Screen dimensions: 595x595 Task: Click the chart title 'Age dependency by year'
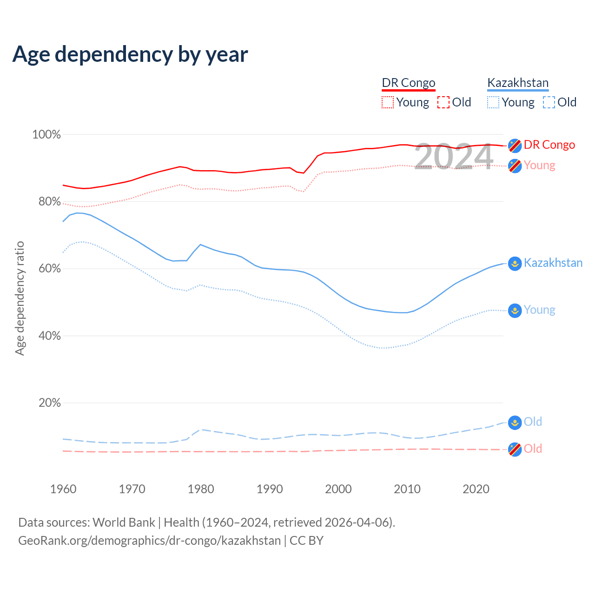tap(130, 54)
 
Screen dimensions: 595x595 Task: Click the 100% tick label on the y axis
tap(46, 135)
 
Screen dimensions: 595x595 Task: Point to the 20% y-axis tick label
tap(49, 403)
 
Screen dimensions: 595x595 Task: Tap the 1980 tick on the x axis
tap(201, 489)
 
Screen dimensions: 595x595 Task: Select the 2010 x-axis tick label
tap(407, 489)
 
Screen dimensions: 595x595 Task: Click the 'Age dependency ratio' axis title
tap(20, 298)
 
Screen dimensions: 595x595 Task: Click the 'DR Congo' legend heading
tap(409, 83)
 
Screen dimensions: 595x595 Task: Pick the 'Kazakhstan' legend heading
tap(518, 83)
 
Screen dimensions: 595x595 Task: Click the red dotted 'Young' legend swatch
tap(388, 102)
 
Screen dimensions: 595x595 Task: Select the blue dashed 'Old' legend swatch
tap(549, 102)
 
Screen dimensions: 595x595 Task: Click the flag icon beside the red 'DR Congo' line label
tap(515, 145)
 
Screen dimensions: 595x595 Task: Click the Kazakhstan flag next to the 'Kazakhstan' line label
tap(515, 264)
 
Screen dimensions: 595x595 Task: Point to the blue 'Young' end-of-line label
tap(539, 310)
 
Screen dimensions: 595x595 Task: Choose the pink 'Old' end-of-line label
tap(533, 449)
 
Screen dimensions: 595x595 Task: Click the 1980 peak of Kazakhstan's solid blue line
tap(200, 245)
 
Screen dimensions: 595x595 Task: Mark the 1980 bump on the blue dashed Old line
tap(200, 430)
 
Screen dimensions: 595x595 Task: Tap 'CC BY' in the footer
tap(306, 541)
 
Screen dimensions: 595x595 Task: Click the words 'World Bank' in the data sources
tap(124, 522)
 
